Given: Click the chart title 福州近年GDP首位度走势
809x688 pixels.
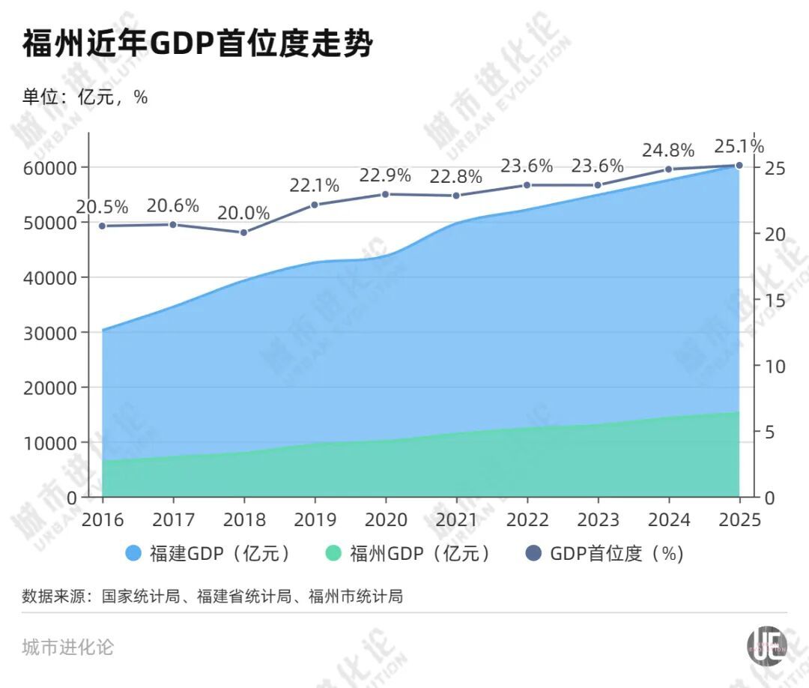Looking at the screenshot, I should tap(198, 44).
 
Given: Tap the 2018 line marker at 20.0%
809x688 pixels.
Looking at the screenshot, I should tap(243, 232).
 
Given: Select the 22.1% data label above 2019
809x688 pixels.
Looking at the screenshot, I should tap(314, 185).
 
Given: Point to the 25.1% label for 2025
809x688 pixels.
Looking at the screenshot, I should tap(739, 145).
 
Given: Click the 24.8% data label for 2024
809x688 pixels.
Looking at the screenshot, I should tap(668, 150).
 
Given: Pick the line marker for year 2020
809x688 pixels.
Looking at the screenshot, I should tap(385, 194).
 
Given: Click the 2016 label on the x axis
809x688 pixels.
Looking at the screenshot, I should tap(103, 520).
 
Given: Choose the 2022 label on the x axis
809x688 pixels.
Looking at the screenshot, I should tap(527, 520).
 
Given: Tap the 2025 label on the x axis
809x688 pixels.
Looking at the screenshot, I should tap(739, 520).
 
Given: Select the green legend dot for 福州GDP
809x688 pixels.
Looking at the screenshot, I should tap(334, 554).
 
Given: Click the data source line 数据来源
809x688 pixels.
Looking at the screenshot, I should tap(213, 597).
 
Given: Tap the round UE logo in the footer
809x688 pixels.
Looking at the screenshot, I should tap(767, 645).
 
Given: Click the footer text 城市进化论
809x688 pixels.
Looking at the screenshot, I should tap(68, 647).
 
